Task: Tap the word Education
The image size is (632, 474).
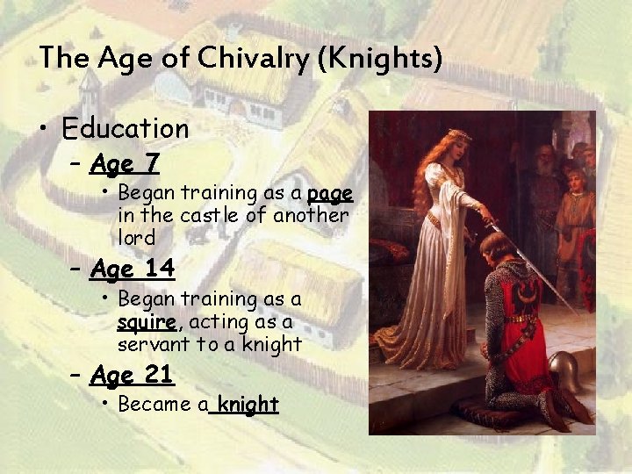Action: [126, 129]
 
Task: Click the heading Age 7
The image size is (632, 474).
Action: [124, 163]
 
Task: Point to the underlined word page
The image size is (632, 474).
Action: [330, 192]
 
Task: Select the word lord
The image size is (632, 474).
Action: [136, 238]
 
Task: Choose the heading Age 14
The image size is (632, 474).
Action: [133, 268]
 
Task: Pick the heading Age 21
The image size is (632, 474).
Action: [133, 376]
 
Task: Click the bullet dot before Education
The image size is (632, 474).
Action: [43, 130]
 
